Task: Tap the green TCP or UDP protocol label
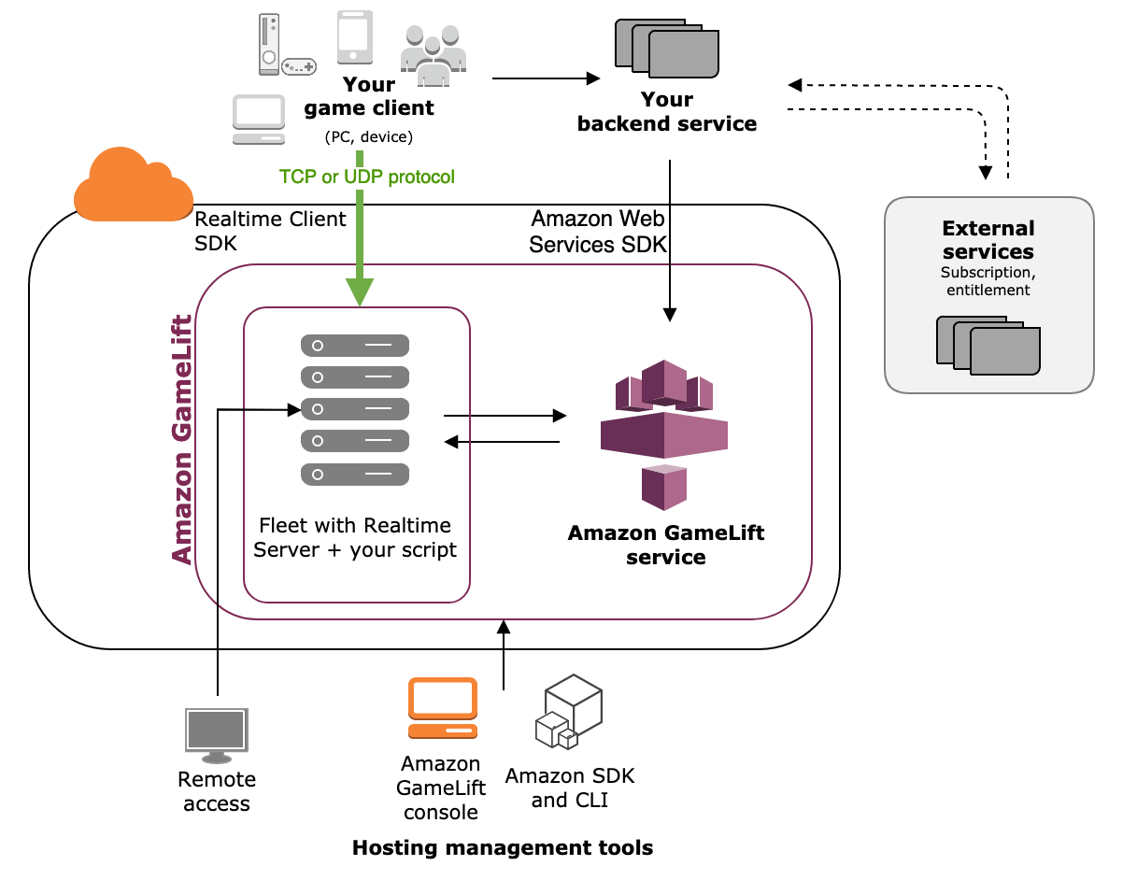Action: (366, 177)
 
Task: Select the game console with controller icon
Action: (283, 47)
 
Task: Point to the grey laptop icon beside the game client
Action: (258, 120)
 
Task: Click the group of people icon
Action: (433, 52)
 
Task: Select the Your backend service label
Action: (667, 111)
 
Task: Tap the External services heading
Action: (988, 240)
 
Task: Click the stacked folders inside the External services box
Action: (988, 344)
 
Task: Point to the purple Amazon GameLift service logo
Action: (663, 431)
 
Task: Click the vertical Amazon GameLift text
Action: (182, 439)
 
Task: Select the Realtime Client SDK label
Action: (270, 231)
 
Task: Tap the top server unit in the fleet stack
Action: (355, 346)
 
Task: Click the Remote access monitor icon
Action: (217, 733)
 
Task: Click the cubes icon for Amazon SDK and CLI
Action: (568, 715)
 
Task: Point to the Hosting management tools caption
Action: (502, 848)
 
